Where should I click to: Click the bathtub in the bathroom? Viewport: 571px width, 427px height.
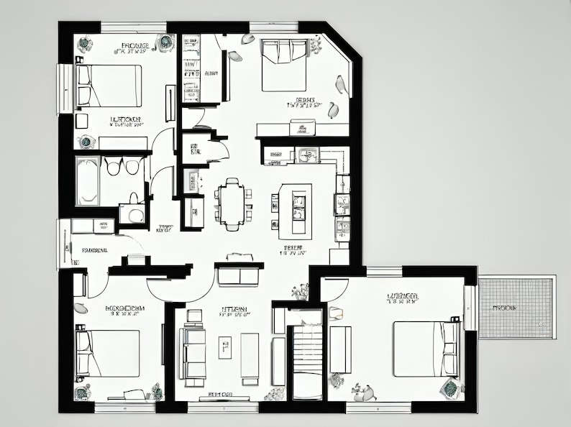coord(88,180)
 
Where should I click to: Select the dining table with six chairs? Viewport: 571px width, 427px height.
coord(232,203)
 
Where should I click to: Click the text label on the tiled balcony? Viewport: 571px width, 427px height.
coord(506,307)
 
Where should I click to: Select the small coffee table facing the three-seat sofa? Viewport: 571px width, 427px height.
coord(225,347)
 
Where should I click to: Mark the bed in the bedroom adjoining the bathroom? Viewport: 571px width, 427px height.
coord(108,86)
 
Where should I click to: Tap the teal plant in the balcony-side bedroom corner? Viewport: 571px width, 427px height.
coord(450,389)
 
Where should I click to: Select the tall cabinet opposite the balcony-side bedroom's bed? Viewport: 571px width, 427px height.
coord(340,349)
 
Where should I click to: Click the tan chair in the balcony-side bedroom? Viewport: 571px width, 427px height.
coord(336,313)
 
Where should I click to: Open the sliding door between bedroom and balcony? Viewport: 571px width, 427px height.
coord(470,308)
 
